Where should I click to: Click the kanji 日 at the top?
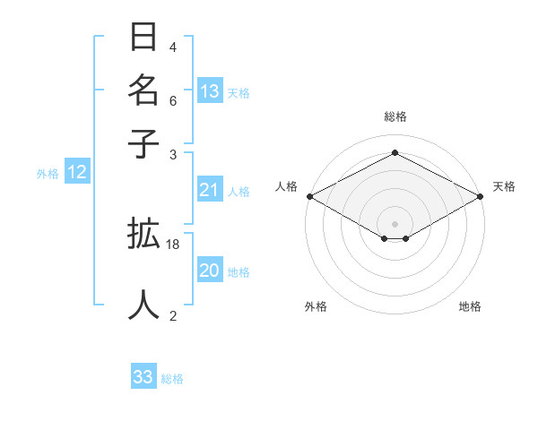(143, 39)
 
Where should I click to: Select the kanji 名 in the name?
(143, 90)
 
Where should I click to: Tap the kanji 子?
(143, 143)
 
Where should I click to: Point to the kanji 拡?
(143, 235)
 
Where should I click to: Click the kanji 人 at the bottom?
(143, 304)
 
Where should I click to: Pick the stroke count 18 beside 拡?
(173, 244)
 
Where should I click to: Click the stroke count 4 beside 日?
(173, 47)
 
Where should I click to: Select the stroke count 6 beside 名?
(173, 100)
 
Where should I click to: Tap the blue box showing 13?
(210, 90)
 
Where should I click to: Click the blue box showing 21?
(210, 189)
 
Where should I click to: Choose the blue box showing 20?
(210, 271)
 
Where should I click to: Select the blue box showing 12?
(77, 172)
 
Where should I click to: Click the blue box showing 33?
(143, 377)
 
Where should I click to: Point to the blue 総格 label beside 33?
(173, 379)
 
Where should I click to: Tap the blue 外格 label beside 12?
(47, 174)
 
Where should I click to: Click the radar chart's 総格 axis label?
(395, 116)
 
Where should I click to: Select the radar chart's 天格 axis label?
(504, 186)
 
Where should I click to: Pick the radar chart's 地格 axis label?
(470, 306)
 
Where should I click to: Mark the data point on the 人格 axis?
(309, 196)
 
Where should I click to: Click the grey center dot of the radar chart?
(395, 223)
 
